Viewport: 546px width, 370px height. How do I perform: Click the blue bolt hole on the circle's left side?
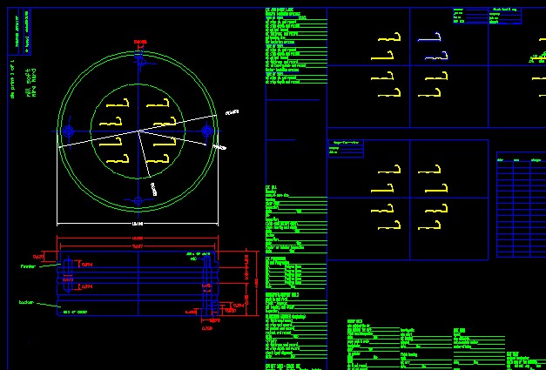68,131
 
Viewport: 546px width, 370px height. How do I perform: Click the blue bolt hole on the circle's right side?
207,131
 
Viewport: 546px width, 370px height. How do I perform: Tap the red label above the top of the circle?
140,42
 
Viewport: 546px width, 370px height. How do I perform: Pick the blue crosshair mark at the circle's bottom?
138,201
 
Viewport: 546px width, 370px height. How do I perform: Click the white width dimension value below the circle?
137,224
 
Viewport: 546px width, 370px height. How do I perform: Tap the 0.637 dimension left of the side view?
38,257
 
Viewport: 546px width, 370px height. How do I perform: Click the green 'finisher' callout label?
28,267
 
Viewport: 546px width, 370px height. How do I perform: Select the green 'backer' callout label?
26,303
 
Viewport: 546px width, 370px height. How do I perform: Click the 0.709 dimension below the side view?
207,328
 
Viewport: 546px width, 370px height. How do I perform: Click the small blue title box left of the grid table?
345,148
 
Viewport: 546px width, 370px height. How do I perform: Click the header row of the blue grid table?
521,160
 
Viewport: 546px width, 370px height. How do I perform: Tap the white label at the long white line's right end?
232,112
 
